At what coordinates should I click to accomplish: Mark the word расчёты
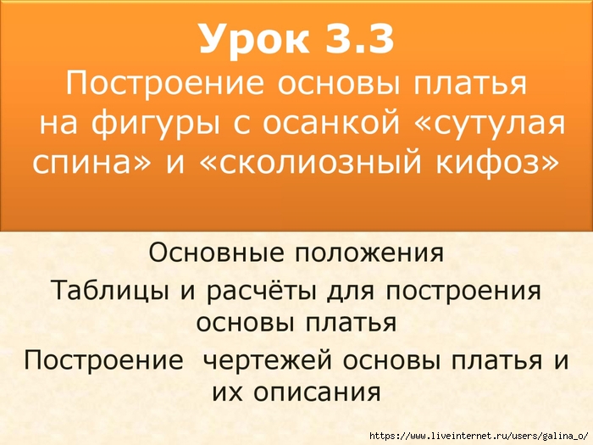261,291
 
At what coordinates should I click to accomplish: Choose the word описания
317,392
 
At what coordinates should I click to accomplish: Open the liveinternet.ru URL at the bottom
479,436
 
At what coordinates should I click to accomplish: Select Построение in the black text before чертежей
103,360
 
